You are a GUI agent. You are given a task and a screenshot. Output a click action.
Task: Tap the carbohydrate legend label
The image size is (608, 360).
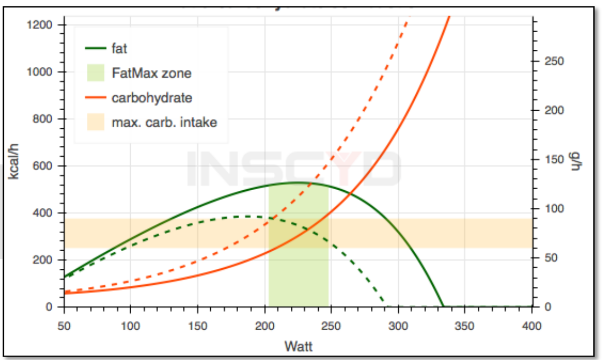coord(152,98)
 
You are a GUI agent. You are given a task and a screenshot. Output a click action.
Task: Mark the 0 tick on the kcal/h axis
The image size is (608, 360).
coord(56,307)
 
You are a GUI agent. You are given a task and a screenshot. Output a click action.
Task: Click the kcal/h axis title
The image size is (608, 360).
coord(15,166)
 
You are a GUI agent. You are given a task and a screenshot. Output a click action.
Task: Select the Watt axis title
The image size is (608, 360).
coord(298,347)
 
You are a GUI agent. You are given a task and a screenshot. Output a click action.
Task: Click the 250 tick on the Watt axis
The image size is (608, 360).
coord(331,326)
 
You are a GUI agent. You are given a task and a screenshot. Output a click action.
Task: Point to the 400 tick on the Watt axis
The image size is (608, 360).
coord(532,326)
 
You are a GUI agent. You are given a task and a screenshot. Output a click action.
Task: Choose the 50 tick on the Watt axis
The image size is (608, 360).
coord(64,326)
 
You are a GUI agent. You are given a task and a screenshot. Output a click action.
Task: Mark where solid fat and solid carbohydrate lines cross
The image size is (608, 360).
coord(350,195)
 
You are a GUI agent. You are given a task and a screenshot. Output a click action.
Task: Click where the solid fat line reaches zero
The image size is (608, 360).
coord(443,307)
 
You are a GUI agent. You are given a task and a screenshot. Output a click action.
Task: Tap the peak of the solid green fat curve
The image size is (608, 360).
coord(299,182)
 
